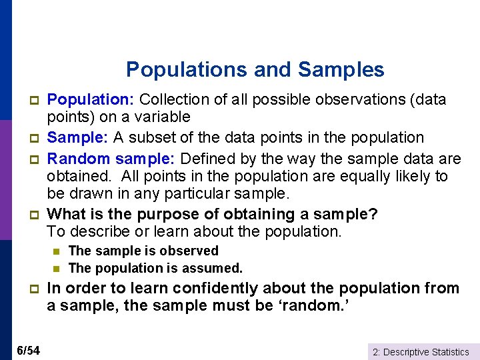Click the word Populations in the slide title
click(177, 69)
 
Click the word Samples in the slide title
click(341, 69)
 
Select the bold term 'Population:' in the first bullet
click(92, 100)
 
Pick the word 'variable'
click(165, 117)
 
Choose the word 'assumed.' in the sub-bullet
click(215, 268)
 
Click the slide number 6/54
click(28, 350)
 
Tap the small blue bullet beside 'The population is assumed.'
click(57, 268)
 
